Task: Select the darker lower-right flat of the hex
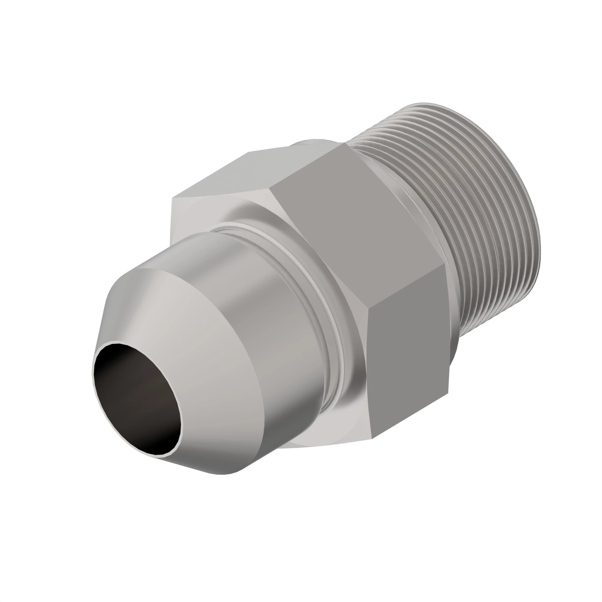(x=408, y=368)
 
